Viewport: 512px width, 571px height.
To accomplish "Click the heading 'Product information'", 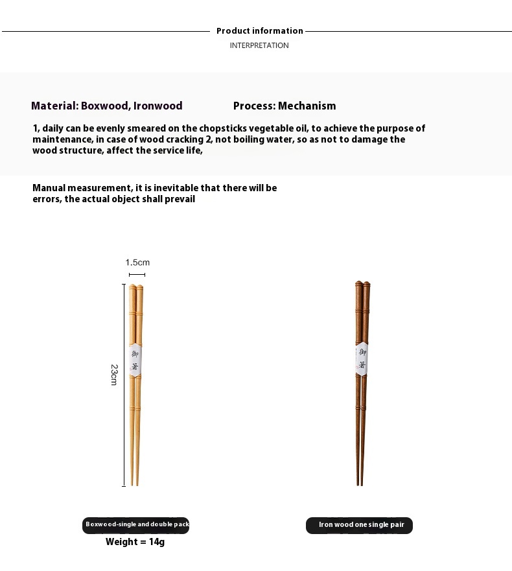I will point(259,30).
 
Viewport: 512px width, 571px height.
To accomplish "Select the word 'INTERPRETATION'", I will point(259,45).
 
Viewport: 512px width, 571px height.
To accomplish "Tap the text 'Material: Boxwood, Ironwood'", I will point(107,106).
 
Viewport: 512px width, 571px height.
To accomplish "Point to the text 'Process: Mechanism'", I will point(285,106).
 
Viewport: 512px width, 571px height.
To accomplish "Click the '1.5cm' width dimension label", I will point(137,262).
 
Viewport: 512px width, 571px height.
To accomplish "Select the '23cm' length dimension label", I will point(114,375).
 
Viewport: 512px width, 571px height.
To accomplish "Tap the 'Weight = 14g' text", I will point(135,542).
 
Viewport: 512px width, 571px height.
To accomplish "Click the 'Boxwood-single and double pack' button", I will point(136,524).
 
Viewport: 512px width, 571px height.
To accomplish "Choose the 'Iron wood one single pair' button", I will point(360,525).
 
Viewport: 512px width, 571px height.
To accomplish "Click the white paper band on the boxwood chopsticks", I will point(135,361).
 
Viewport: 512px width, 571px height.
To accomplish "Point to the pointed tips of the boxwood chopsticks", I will point(135,481).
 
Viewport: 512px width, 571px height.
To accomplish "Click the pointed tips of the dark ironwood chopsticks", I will point(359,481).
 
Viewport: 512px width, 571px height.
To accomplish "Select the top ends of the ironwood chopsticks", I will point(362,285).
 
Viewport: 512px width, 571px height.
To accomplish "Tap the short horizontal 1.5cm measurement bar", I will point(137,275).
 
